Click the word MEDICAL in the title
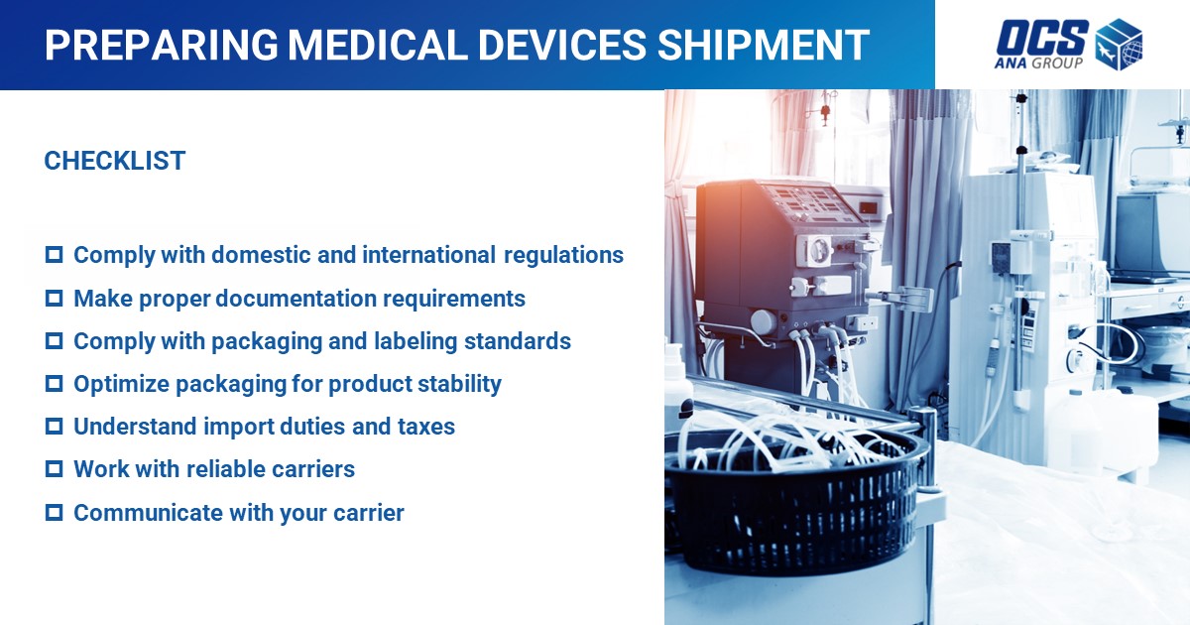377,45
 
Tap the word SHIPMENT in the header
764,45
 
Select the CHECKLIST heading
115,161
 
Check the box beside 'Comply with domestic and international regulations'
55,255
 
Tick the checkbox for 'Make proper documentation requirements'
55,299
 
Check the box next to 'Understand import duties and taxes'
55,427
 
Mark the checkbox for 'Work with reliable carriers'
55,469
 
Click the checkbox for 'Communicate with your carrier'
55,513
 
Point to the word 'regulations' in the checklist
563,256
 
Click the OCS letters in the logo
1042,38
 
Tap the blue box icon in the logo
1120,44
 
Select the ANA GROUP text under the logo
1038,63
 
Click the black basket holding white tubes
797,505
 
